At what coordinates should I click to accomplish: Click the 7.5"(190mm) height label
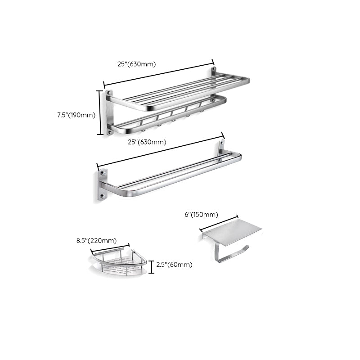[76, 115]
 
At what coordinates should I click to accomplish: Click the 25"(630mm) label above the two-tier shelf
[136, 64]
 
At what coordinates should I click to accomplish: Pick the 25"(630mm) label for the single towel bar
[147, 142]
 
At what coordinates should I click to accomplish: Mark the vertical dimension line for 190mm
[100, 112]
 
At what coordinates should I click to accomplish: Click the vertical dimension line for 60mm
[151, 267]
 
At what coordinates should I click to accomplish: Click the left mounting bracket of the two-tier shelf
[108, 112]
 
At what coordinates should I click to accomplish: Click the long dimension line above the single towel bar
[160, 150]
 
